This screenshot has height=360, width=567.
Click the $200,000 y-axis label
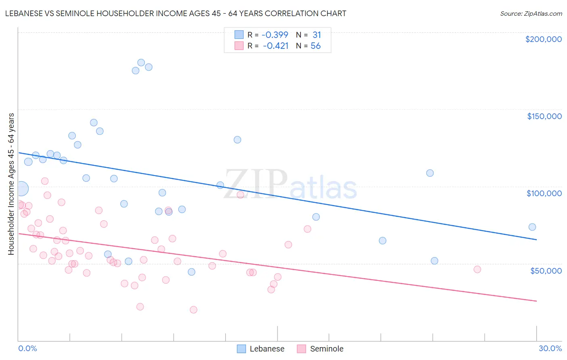543,39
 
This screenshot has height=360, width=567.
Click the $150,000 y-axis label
544,116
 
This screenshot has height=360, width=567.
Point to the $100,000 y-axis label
544,193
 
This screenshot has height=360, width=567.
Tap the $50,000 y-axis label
546,271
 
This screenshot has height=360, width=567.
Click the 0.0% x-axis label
27,349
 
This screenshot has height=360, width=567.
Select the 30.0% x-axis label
550,349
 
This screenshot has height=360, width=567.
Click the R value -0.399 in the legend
274,35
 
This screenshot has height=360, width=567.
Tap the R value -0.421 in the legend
275,46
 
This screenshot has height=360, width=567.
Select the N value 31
317,35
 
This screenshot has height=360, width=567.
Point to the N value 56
315,46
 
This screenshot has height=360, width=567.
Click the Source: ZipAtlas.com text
531,14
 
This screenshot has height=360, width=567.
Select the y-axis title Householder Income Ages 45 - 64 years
11,184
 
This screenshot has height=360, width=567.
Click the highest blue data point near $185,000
141,63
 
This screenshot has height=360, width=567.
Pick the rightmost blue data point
532,227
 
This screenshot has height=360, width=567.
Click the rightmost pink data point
477,270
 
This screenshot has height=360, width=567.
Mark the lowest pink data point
194,310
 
